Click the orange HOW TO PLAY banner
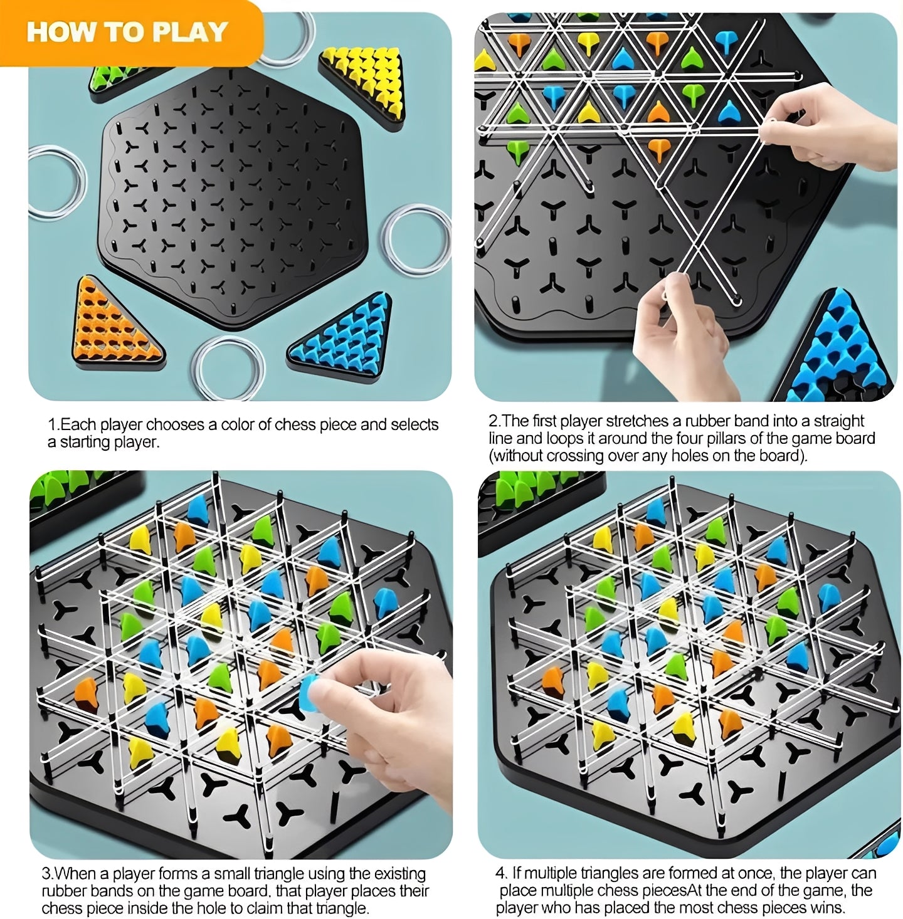click(x=128, y=31)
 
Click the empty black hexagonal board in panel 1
click(x=238, y=194)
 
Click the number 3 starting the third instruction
click(x=46, y=873)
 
